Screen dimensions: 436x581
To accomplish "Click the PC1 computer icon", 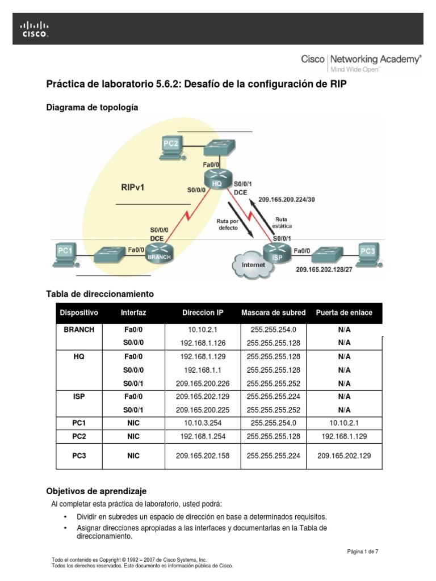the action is pyautogui.click(x=66, y=253).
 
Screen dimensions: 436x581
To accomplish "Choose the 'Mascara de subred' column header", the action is pyautogui.click(x=273, y=313).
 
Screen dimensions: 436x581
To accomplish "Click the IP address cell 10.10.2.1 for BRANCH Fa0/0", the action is pyautogui.click(x=203, y=330).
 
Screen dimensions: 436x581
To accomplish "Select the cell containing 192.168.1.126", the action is pyautogui.click(x=203, y=343).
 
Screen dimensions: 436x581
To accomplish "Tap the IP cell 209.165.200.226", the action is pyautogui.click(x=203, y=383).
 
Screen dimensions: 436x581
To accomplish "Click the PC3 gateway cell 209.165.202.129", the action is pyautogui.click(x=345, y=456).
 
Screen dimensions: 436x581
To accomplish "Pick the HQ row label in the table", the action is pyautogui.click(x=79, y=356).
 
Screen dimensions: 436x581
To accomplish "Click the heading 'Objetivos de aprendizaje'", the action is pyautogui.click(x=97, y=491).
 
